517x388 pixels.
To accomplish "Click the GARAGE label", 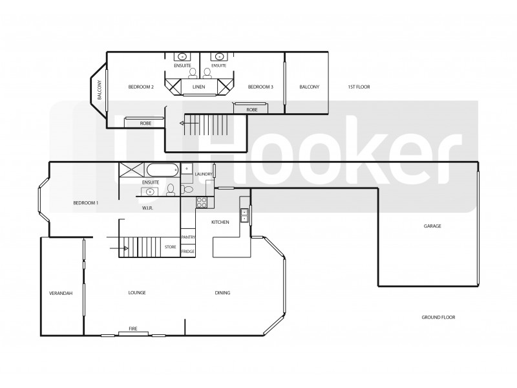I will [432, 226].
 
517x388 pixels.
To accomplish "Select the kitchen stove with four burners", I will [201, 202].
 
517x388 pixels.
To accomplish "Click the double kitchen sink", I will [245, 215].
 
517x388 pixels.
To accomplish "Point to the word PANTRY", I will [188, 237].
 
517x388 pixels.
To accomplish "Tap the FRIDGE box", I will [188, 251].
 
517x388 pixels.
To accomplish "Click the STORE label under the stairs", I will [170, 247].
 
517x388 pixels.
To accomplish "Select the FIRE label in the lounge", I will [133, 329].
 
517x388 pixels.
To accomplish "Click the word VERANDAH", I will [61, 293].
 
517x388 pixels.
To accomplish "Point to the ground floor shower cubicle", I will [131, 171].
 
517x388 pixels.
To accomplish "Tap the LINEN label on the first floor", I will [198, 87].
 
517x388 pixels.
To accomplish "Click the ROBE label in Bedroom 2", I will [145, 122].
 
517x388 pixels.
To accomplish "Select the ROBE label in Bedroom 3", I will [251, 110].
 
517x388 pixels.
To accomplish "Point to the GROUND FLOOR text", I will [439, 318].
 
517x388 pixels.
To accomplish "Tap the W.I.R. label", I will [147, 208].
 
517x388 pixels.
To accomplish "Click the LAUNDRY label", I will [204, 175].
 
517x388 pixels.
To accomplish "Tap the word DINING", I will [222, 293].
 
